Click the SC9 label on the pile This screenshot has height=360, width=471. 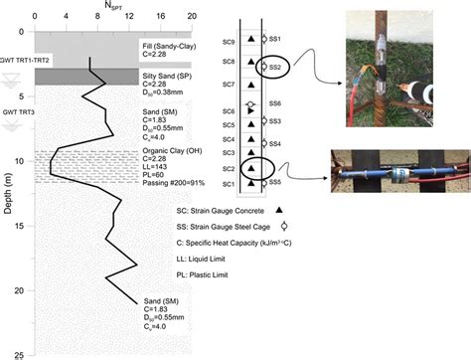click(x=229, y=42)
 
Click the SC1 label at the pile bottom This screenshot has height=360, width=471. click(x=229, y=185)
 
